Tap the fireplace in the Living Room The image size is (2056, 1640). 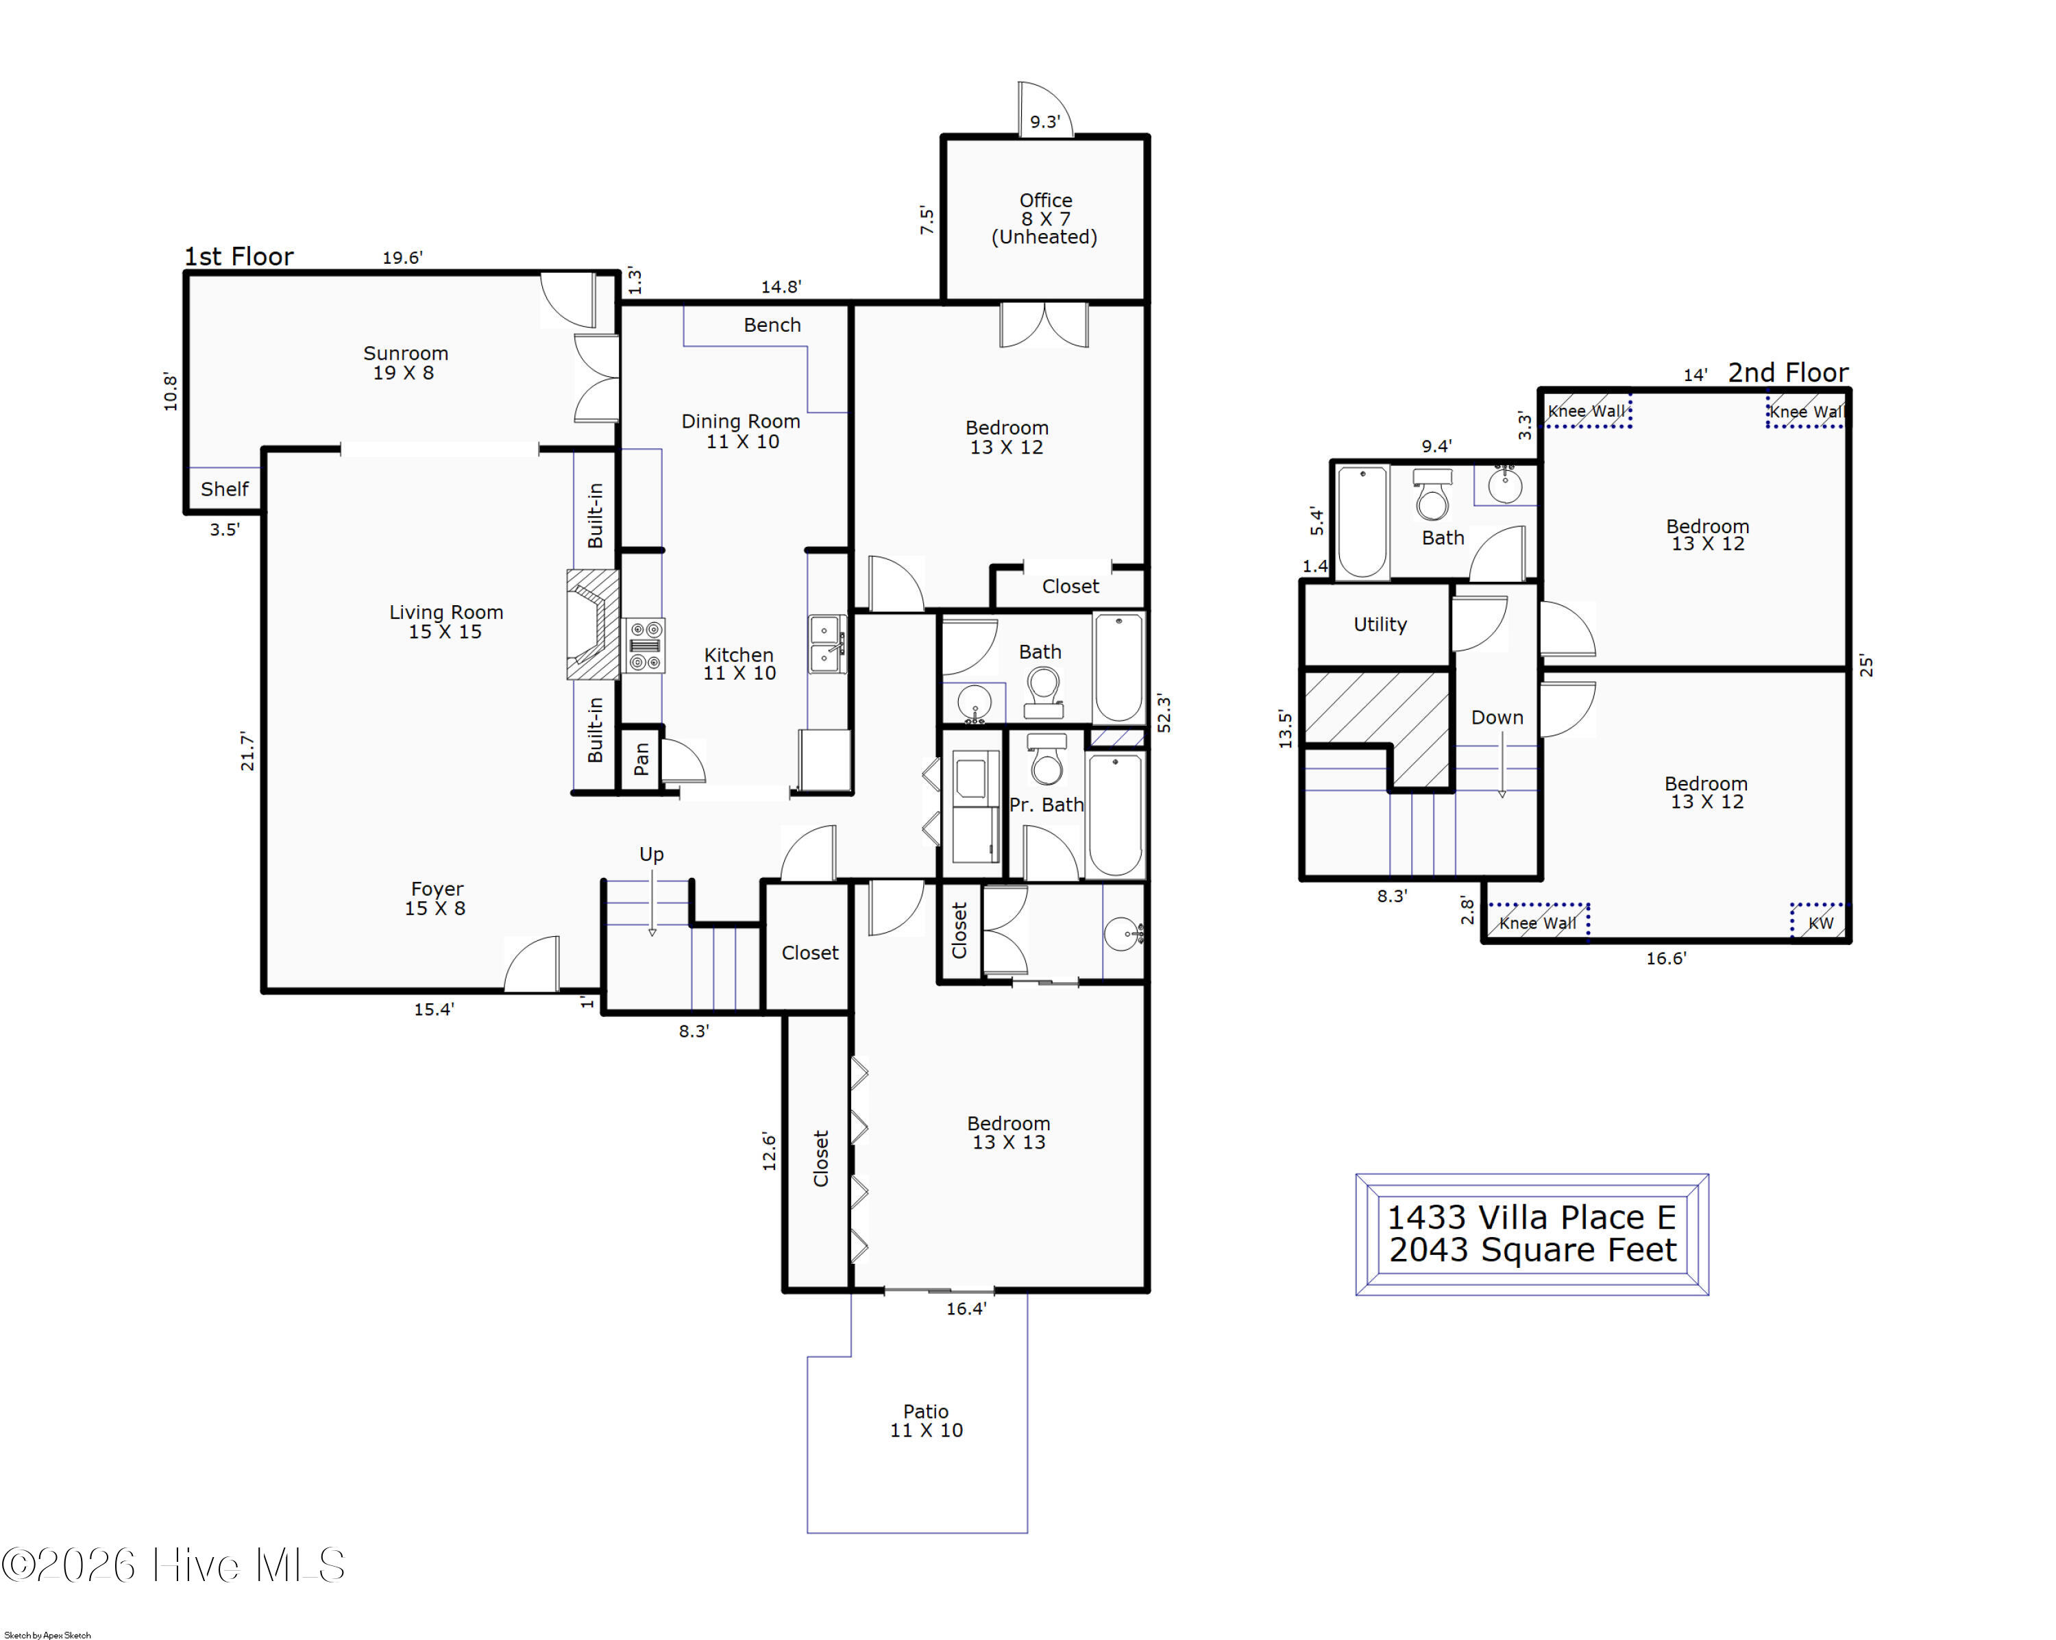593,624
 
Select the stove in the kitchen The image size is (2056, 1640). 645,646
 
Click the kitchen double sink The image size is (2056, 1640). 827,645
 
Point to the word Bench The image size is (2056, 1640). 772,325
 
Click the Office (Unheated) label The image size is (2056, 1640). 1045,219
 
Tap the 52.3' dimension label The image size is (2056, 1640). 1164,713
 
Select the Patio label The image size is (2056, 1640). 926,1421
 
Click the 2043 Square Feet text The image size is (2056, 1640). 1532,1250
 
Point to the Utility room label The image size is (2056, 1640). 1380,624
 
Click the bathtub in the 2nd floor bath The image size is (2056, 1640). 1362,522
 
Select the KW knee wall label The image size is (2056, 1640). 1820,923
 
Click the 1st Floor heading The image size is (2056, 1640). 238,256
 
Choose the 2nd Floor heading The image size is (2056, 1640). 1788,373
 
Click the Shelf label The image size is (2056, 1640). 224,489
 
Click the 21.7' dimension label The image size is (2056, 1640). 248,751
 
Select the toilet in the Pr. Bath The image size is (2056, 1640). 1047,758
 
